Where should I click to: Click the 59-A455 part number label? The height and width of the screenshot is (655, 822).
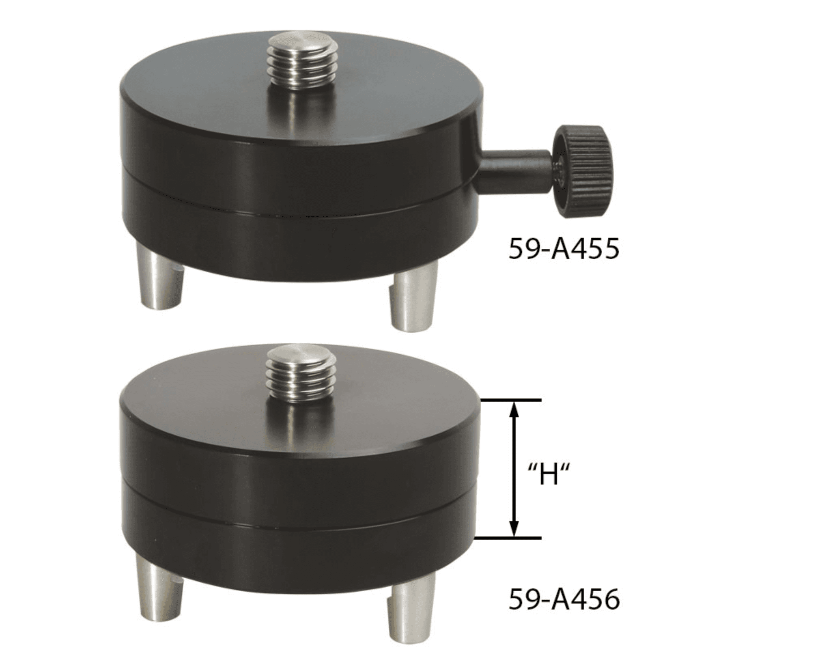(564, 249)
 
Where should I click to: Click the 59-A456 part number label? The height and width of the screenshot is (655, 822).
(564, 600)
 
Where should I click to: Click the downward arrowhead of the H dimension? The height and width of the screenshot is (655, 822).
(514, 530)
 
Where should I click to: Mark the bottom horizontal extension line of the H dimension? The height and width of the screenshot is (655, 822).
(507, 539)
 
